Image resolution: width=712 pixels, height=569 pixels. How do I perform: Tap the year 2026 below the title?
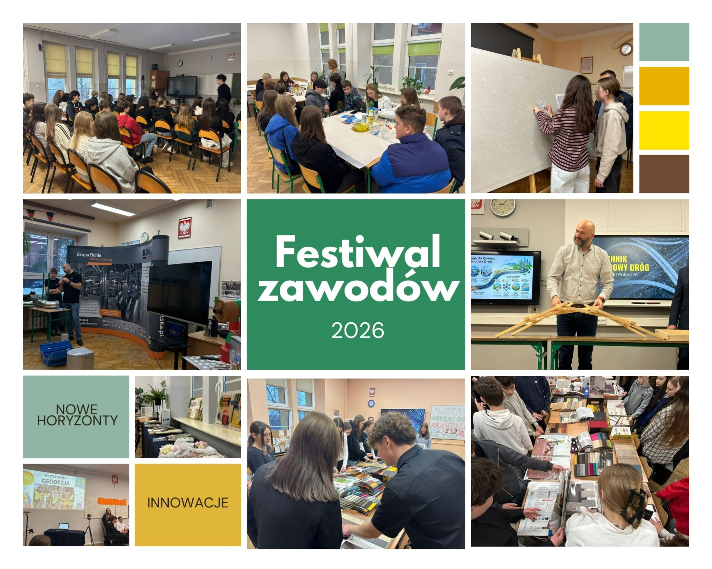[x=358, y=330]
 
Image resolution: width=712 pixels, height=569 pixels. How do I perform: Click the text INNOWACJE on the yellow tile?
[x=188, y=502]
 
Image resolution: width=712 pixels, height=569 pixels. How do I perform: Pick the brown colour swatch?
[x=664, y=174]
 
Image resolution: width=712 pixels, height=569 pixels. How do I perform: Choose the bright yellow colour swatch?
[x=664, y=130]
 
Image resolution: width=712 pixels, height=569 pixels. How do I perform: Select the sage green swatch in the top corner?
[x=664, y=42]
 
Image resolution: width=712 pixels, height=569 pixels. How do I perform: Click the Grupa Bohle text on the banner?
[x=89, y=254]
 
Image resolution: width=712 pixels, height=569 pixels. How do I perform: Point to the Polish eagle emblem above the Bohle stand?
[x=185, y=227]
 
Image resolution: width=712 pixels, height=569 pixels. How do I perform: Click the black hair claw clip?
[x=634, y=505]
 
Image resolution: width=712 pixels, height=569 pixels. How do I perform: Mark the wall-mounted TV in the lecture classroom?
[x=182, y=86]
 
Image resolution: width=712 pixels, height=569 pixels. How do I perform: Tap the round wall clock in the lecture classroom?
[x=180, y=64]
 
